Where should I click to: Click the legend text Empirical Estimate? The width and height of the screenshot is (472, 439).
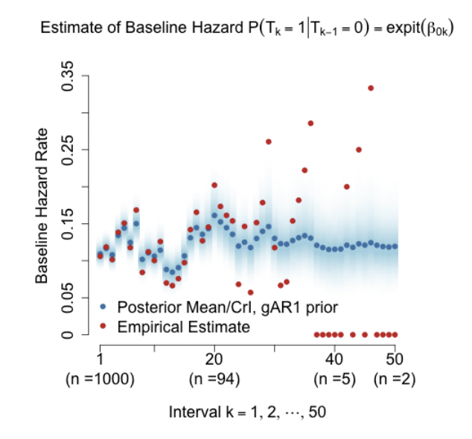[183, 325]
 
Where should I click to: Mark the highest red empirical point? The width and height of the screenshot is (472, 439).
[371, 88]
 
